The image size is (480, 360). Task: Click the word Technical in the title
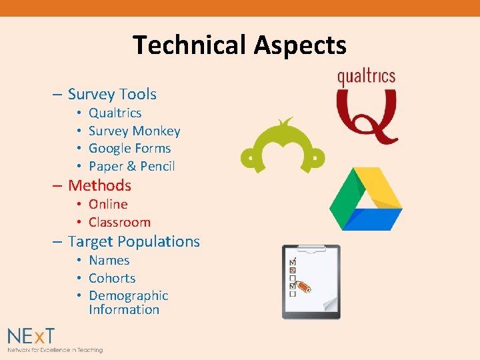coord(189,45)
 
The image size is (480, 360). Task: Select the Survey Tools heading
coord(112,95)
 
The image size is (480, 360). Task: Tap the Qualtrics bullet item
coord(115,113)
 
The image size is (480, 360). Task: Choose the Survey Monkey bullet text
coord(134,131)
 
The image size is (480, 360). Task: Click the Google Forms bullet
coord(129,149)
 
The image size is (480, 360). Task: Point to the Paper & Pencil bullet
coord(131,166)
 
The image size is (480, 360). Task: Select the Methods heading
coord(99,185)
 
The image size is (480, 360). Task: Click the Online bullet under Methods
coord(108,205)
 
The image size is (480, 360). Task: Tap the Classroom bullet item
coord(119,223)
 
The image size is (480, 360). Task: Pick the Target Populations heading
coord(133,241)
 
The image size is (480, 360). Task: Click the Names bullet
coord(109,261)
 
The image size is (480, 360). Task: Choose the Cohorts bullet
coord(112,279)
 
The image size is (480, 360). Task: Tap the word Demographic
coord(128,296)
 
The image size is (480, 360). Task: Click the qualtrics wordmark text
coord(366,77)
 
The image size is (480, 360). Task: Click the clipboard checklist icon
coord(311,281)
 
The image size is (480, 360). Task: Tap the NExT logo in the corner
coord(32,336)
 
